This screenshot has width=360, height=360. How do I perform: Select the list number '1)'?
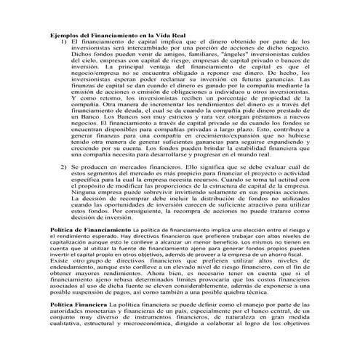pyautogui.click(x=63, y=42)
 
